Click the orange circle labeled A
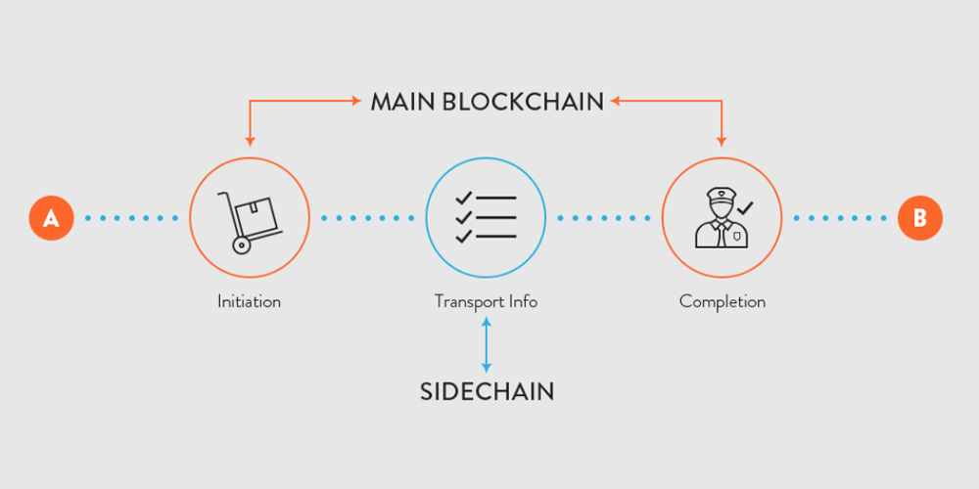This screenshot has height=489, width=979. tap(51, 218)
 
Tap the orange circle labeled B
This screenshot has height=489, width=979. tap(919, 218)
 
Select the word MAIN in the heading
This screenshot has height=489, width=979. tap(403, 102)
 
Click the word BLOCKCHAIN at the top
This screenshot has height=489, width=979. tap(523, 102)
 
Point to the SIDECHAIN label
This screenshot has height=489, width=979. tap(487, 391)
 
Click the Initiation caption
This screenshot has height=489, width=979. tap(249, 302)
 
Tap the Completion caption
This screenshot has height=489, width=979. tap(723, 302)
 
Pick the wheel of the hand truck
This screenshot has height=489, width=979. tap(241, 245)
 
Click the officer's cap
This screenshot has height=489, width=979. tap(722, 195)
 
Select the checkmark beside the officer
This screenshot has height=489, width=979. tap(745, 207)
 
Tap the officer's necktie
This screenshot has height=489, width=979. tap(722, 235)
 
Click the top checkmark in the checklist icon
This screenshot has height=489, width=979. tap(463, 199)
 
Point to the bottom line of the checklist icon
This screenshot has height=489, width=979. tap(496, 237)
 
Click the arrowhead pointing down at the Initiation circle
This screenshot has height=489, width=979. tap(250, 142)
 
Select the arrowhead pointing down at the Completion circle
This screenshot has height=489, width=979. tap(722, 142)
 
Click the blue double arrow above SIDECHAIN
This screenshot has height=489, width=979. tap(487, 345)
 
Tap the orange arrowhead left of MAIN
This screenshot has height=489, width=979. tap(356, 101)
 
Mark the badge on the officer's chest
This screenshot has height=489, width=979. tap(737, 235)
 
